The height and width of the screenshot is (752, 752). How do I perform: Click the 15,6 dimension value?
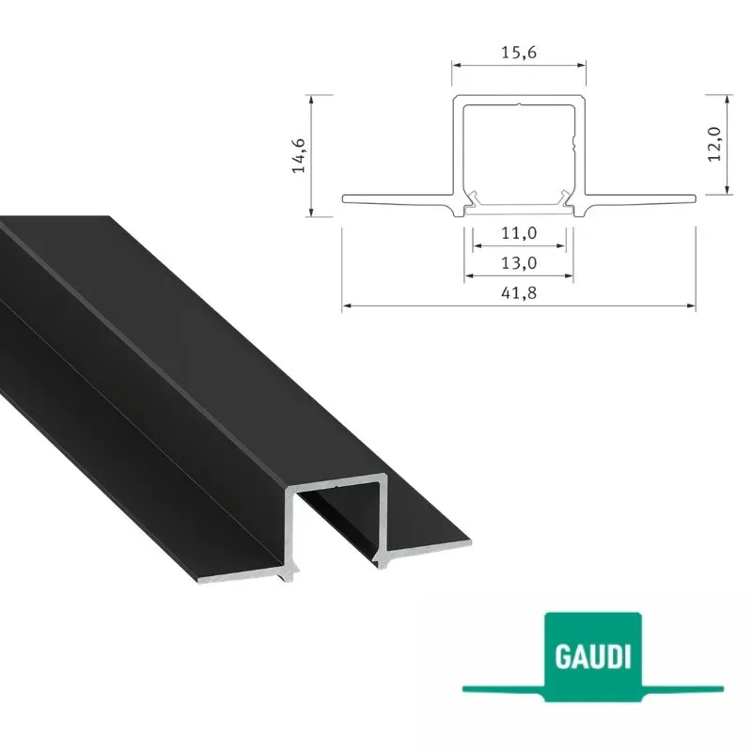(x=519, y=53)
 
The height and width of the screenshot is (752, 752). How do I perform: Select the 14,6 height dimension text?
(x=299, y=155)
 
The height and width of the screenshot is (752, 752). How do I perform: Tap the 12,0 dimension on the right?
(x=714, y=144)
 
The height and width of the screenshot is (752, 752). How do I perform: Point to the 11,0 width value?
(x=519, y=233)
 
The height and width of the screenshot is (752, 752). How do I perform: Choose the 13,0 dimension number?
(x=519, y=263)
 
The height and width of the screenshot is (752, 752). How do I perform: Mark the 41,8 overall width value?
(x=519, y=292)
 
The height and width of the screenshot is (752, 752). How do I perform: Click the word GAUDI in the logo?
(x=592, y=656)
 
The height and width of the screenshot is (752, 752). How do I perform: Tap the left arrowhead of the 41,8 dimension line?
(x=346, y=305)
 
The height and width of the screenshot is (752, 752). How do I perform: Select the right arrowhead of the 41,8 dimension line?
(x=691, y=305)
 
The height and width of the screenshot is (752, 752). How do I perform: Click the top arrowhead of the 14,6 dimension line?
(x=311, y=100)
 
